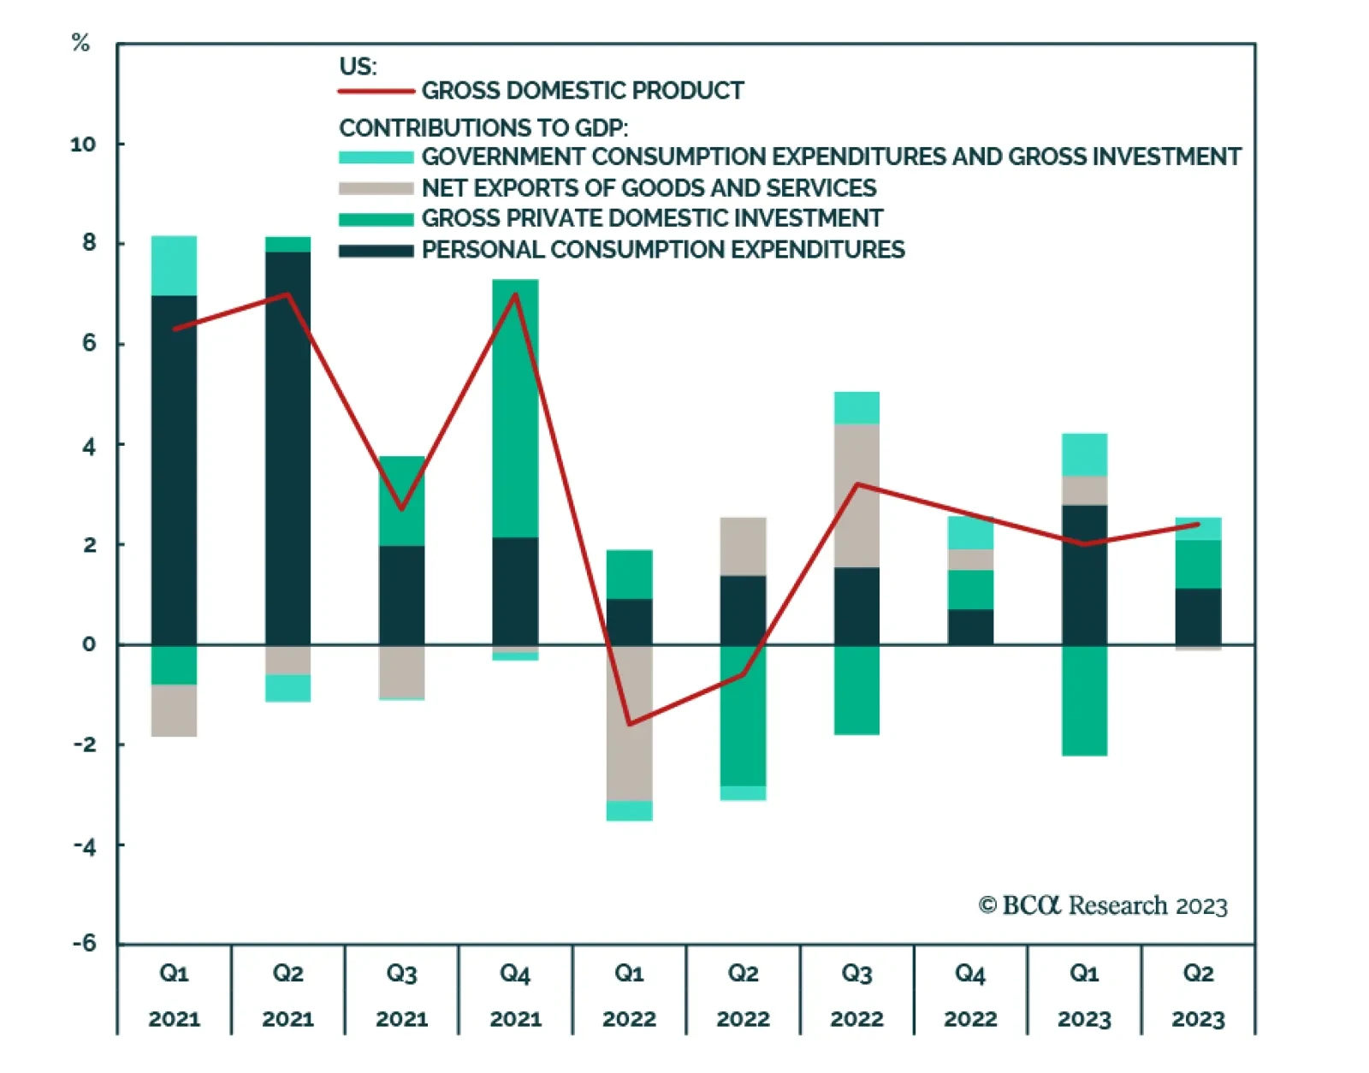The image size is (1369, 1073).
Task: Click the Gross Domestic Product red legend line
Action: [x=376, y=91]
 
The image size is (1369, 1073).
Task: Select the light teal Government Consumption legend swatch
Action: [x=376, y=157]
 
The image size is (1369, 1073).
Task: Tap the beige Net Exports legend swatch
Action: [x=376, y=188]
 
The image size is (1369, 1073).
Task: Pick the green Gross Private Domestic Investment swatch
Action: [x=376, y=219]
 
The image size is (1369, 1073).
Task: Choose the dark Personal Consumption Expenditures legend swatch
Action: [x=376, y=251]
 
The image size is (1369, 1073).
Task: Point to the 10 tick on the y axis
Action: [x=83, y=144]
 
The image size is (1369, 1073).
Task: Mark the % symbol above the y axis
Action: [x=80, y=42]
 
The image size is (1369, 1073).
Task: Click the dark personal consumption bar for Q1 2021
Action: [x=174, y=471]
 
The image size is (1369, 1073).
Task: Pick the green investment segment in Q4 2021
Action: [x=515, y=408]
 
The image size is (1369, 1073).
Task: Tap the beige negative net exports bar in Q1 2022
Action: [x=629, y=723]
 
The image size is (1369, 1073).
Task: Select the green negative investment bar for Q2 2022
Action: [x=743, y=715]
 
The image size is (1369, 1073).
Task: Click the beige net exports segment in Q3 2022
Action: [x=856, y=495]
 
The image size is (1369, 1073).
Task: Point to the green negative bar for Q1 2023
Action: [x=1084, y=700]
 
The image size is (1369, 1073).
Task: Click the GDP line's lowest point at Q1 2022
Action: [x=630, y=725]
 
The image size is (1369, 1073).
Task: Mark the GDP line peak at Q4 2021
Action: [x=515, y=294]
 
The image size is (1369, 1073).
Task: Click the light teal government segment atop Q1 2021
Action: [x=174, y=265]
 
